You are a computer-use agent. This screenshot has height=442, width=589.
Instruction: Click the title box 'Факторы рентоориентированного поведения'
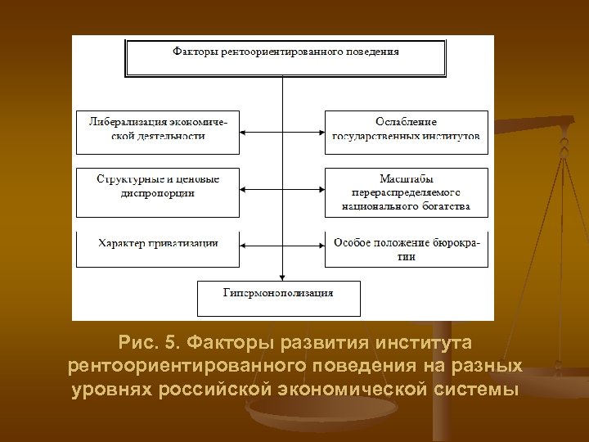pos(286,56)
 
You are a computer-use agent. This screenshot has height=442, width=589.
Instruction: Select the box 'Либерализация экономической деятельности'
pos(158,132)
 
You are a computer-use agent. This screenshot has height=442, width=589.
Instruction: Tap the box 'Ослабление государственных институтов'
pos(407,132)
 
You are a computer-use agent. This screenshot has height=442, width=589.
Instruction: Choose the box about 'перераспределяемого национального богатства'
pos(407,192)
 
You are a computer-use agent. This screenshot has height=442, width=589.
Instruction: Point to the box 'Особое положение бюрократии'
pos(407,249)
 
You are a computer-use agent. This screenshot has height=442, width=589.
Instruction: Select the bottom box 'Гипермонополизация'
pos(279,297)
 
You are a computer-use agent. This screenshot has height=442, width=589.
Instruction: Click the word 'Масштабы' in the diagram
pos(407,178)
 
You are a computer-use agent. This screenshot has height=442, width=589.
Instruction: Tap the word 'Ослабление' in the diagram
pos(407,122)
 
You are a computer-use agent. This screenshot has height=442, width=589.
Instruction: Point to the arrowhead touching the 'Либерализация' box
pos(245,132)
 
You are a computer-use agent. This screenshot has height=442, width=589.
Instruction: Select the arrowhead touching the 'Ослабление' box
pos(320,132)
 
